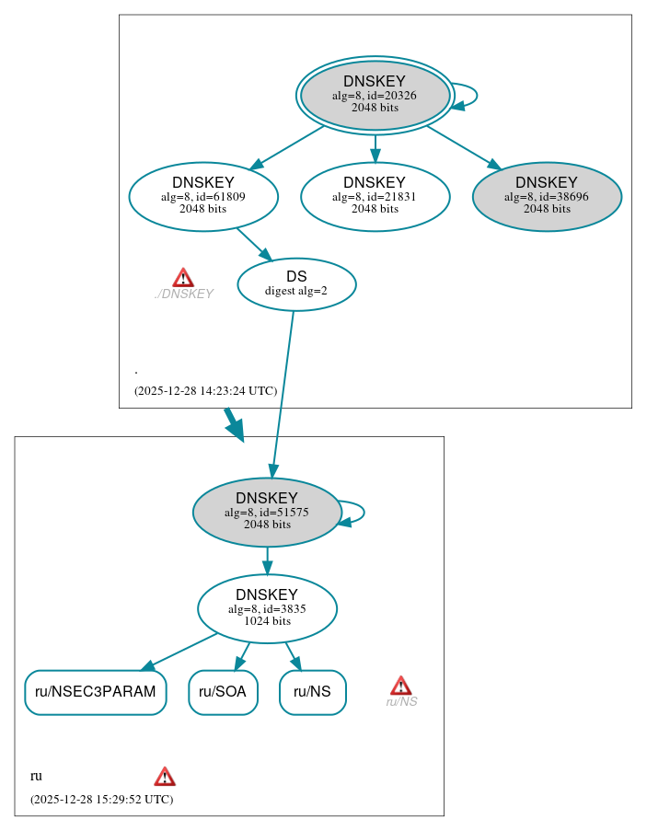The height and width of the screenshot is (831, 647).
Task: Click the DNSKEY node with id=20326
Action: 375,95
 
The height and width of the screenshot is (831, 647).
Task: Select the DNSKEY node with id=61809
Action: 203,196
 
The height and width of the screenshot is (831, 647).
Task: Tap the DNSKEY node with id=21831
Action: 375,196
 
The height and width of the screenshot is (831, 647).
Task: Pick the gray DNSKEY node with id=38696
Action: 547,196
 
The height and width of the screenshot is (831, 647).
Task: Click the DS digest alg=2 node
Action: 296,283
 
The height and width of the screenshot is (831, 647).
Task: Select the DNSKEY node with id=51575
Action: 267,512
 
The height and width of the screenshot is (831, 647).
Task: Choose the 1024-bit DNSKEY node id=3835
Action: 267,607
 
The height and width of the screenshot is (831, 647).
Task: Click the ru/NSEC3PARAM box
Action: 95,692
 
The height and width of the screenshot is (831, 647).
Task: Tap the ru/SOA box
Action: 223,692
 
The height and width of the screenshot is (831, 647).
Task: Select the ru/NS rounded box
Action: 312,692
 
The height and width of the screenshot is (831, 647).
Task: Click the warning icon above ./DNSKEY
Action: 183,277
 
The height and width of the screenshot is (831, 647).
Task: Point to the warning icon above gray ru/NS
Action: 400,685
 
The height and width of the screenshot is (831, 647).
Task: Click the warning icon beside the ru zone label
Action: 165,776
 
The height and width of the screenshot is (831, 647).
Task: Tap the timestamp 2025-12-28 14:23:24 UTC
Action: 205,390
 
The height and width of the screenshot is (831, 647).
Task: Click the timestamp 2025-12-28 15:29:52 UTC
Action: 101,799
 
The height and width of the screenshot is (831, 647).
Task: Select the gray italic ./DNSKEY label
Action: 183,294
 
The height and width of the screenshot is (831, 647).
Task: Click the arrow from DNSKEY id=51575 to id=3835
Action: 267,560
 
